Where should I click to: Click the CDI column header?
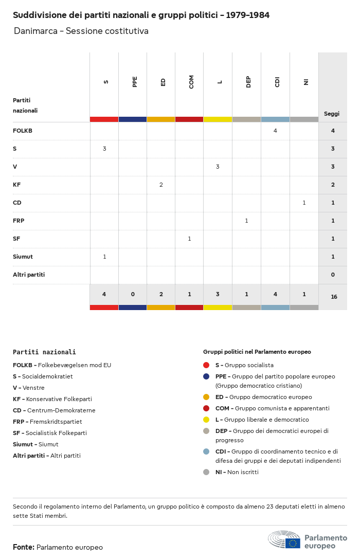point(277,82)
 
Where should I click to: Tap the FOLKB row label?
point(23,131)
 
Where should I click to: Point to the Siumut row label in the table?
point(23,257)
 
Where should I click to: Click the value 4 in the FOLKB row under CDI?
point(275,131)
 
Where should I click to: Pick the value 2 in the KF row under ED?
point(161,185)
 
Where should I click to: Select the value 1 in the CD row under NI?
point(304,203)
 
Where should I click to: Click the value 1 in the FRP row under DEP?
point(246,221)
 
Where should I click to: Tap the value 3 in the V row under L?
point(218,167)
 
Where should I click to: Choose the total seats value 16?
point(333,297)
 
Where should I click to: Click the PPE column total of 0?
point(133,294)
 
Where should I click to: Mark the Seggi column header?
point(332,114)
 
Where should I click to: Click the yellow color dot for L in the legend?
point(206,419)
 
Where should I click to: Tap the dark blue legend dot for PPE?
point(206,376)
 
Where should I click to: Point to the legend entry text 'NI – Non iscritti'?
point(237,472)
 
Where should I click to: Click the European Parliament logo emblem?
point(284,540)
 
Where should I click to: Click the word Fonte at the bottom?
point(23,547)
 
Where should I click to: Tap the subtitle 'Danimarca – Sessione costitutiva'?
point(81,31)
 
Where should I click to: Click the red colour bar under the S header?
point(104,119)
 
